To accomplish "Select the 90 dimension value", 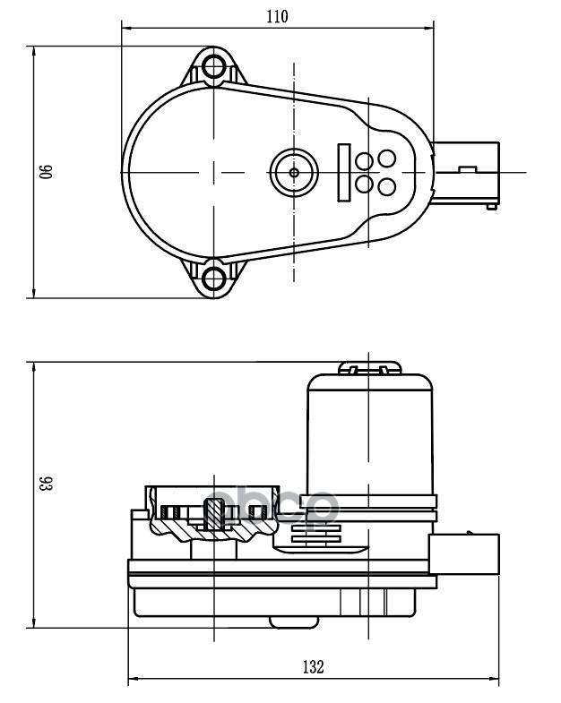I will click(x=43, y=172).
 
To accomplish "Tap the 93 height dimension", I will click(x=43, y=484).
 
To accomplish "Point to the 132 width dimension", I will click(x=312, y=666).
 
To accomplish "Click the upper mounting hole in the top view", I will click(x=213, y=66).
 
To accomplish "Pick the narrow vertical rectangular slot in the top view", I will click(x=343, y=171).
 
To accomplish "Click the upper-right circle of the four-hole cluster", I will click(x=386, y=159).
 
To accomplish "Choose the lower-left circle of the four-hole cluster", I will click(x=365, y=184).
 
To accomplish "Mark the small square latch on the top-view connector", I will click(x=466, y=168).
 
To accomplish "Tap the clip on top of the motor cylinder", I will click(x=368, y=367).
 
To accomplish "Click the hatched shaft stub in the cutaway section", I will click(x=215, y=515).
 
